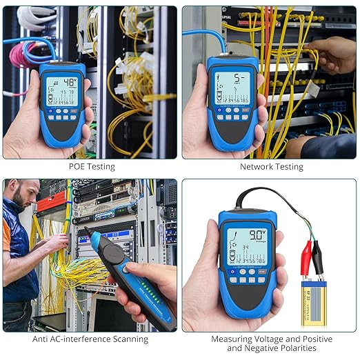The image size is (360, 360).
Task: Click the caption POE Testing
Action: (92, 166)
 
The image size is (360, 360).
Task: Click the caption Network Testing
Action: (271, 166)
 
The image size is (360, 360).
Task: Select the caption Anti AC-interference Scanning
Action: (90, 339)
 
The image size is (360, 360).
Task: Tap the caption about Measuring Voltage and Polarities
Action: (271, 343)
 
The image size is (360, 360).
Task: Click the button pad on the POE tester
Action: (62, 114)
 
